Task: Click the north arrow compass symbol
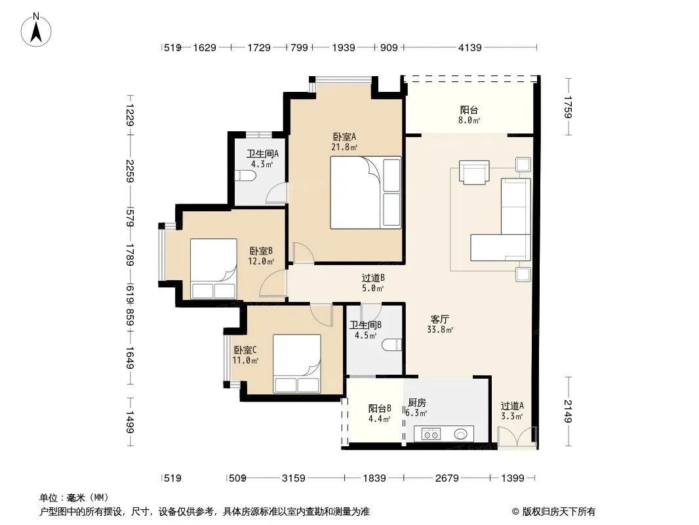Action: coord(36,30)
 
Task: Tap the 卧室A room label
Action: coord(344,136)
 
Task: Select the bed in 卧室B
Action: coord(214,268)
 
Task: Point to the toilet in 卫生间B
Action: coord(392,345)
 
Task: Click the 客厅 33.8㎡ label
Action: coord(439,324)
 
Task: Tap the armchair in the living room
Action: coord(474,172)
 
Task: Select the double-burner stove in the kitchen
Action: coord(431,434)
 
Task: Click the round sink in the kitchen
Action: coord(461,434)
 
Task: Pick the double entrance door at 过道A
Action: coord(517,436)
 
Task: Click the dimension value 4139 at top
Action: coord(470,47)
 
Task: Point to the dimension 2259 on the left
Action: coord(130,171)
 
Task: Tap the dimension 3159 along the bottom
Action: coord(293,478)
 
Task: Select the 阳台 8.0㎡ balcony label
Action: coord(469,115)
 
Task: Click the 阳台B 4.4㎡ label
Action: coord(380,413)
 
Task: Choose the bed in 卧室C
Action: coord(297,364)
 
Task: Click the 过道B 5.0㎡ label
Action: coord(373,283)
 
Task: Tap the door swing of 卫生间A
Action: coord(276,193)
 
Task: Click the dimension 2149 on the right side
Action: coord(568,411)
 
